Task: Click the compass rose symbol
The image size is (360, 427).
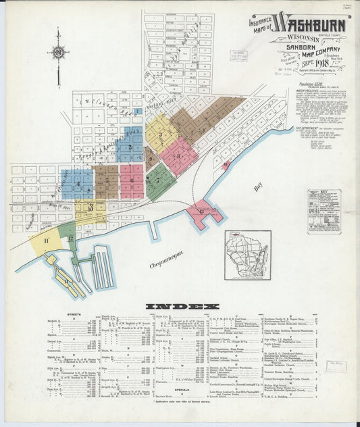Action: point(59,52)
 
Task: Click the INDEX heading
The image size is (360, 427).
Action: point(180,305)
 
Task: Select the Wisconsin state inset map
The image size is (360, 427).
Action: point(247,255)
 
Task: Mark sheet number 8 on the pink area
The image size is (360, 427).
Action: point(178,157)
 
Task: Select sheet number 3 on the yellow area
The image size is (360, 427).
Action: point(160,134)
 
